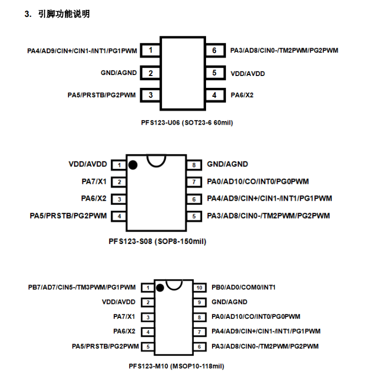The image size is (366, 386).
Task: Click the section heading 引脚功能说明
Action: coord(64,14)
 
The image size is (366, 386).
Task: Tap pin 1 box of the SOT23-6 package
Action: coord(150,51)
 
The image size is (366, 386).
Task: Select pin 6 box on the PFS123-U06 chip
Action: coord(215,51)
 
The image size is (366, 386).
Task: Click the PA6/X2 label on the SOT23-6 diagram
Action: coord(242,95)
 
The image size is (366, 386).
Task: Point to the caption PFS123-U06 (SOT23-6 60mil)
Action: coord(187,123)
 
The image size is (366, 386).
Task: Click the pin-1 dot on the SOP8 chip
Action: coord(133,165)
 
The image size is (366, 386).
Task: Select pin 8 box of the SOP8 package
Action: coord(194,165)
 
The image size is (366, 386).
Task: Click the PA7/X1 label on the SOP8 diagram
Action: coord(94,182)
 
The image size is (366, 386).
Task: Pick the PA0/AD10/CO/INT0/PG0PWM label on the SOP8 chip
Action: coord(258,182)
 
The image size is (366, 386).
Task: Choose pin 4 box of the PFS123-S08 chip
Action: coord(119,216)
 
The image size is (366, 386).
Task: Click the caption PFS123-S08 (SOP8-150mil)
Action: coord(157,241)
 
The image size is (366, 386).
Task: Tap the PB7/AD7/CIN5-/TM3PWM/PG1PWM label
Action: coord(82,287)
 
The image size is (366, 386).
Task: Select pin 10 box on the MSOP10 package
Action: coord(199,288)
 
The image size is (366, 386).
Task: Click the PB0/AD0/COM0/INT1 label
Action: coord(243,287)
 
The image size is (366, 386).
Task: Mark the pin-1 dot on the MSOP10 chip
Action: coord(160,288)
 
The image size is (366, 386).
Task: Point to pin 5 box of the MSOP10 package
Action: coord(148,347)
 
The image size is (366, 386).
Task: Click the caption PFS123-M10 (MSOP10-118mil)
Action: coord(176,366)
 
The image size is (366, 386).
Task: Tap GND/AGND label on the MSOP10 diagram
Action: coord(229,302)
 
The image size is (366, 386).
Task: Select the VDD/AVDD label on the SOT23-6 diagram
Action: coord(248,74)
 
